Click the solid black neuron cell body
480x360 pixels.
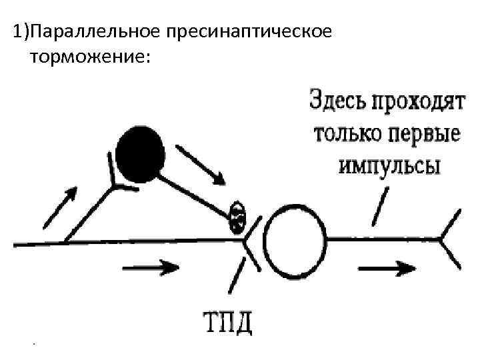click(140, 155)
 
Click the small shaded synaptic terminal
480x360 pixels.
click(237, 217)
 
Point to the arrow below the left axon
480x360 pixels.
click(152, 268)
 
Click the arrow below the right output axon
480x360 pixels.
click(385, 269)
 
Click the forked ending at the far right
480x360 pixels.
click(450, 239)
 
